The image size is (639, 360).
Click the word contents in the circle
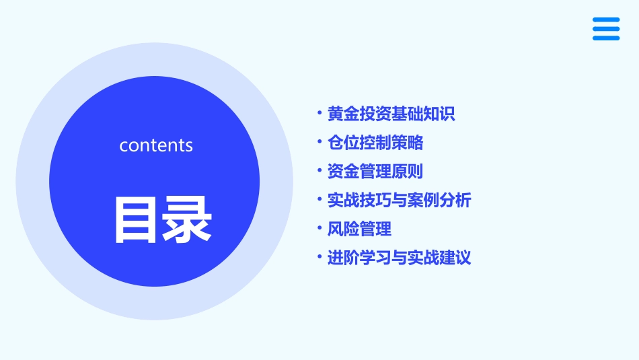point(156,145)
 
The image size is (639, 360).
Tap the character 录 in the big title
point(186,219)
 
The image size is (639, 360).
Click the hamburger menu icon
point(606,29)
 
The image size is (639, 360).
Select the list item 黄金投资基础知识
point(391,114)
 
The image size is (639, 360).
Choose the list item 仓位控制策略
point(375,143)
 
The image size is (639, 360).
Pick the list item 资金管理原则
point(375,172)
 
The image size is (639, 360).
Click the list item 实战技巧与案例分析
point(399,200)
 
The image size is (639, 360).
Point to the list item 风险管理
point(359,229)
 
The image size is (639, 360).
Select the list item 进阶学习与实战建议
point(399,258)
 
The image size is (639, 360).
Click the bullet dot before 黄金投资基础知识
point(319,113)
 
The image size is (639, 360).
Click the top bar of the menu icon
point(606,20)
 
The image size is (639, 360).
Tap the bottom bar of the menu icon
point(606,38)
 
